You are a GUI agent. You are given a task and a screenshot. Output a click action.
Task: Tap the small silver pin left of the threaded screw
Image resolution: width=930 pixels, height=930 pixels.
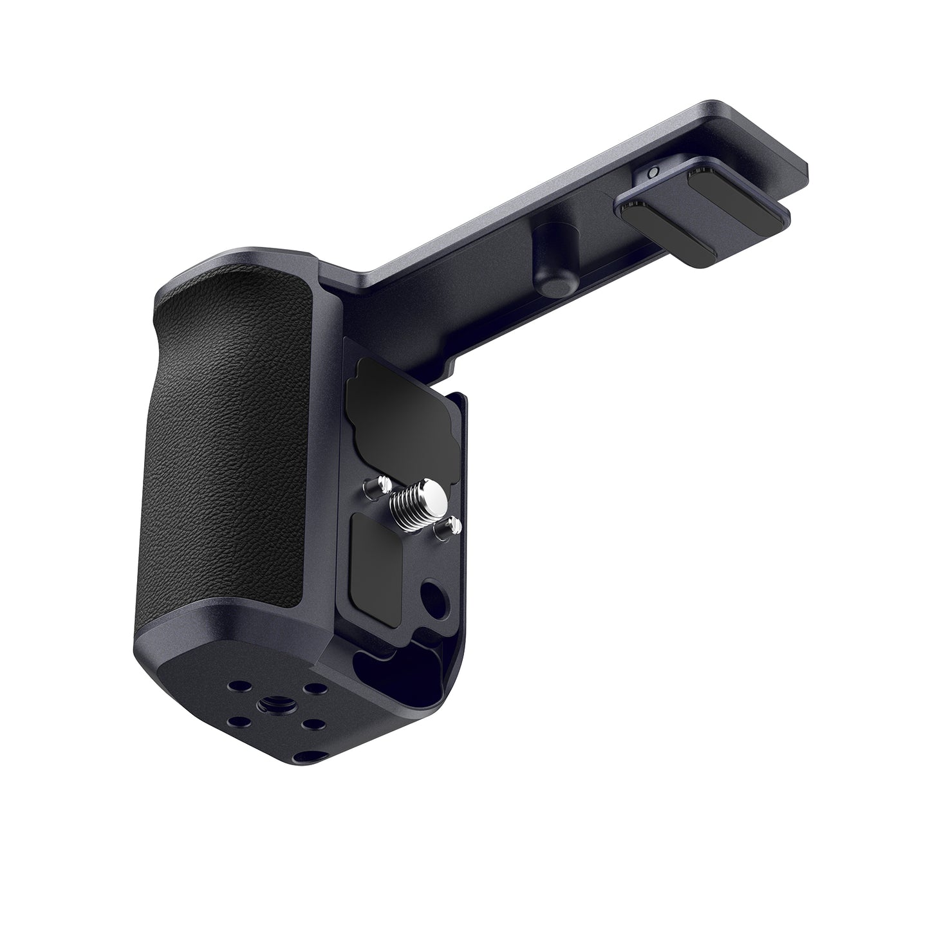pyautogui.click(x=384, y=482)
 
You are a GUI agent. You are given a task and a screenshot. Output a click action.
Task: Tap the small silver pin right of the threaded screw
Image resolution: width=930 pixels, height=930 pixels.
pyautogui.click(x=453, y=526)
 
